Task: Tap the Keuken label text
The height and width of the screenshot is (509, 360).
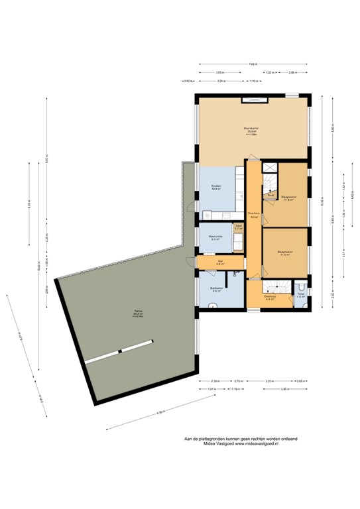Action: pos(216,187)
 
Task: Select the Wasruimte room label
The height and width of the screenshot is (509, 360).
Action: pos(215,237)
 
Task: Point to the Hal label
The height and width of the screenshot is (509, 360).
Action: pos(219,262)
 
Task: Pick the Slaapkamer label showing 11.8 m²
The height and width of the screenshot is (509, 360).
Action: pos(288,198)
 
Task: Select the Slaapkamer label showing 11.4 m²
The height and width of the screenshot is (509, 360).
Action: pos(285,253)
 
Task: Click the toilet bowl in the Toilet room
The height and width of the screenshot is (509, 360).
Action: pos(302,284)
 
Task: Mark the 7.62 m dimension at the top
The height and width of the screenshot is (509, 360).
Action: pos(253,64)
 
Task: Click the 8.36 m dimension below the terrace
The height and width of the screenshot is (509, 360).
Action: pos(160,413)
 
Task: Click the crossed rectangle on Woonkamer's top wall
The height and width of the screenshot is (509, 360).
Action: pos(253,99)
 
